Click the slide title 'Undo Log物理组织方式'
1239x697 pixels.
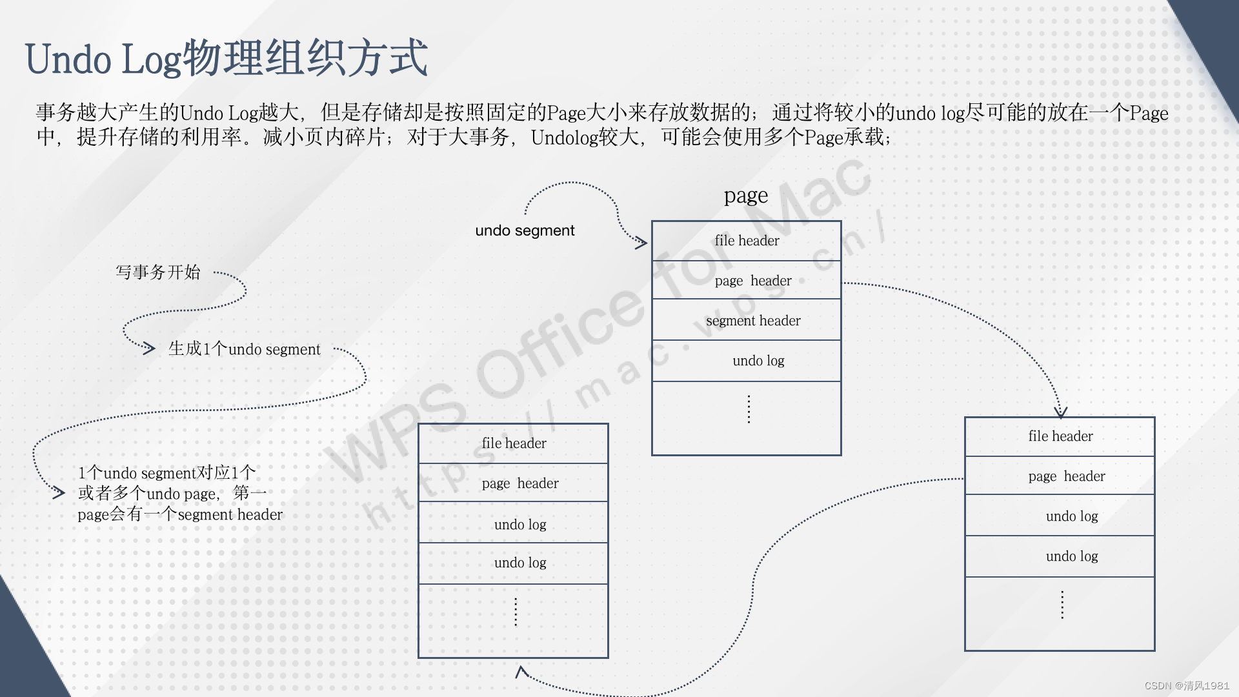click(226, 59)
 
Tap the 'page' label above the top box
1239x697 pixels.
click(746, 196)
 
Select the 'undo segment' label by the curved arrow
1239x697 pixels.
click(525, 230)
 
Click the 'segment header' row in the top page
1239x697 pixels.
click(747, 320)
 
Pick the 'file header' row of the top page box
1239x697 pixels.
click(747, 241)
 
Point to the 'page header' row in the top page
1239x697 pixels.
click(747, 281)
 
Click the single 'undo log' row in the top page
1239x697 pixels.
click(747, 361)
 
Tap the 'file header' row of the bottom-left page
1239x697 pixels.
click(514, 443)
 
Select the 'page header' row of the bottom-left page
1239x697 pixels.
click(514, 483)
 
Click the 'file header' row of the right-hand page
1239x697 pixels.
click(1060, 436)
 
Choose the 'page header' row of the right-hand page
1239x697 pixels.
click(1060, 476)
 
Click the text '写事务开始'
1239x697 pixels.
click(158, 272)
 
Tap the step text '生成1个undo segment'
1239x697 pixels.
click(244, 349)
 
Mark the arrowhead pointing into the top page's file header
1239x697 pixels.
click(641, 243)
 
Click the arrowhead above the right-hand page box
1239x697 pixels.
click(1060, 412)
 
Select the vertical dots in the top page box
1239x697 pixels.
click(749, 409)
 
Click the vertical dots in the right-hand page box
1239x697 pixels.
click(1062, 605)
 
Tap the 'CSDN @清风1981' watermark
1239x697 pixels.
click(1187, 685)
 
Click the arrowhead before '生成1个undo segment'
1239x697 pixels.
click(149, 348)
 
